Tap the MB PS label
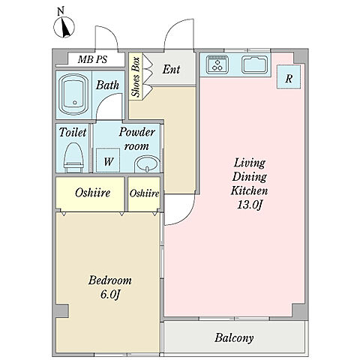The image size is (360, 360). pos(92,59)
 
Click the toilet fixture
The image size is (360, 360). pos(73,157)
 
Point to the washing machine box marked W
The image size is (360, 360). pos(108,160)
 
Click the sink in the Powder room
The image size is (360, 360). pos(148,163)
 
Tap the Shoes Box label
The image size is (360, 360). pos(136,77)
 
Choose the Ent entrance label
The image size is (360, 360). pos(171,69)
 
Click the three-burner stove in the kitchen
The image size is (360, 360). pos(217,64)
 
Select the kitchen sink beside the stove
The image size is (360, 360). pos(255,65)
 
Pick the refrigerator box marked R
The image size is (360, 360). pos(289,77)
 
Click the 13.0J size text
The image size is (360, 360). pos(250,205)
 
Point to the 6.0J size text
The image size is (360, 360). pos(110,294)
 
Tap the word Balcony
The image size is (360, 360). pos(234,338)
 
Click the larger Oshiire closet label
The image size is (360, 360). pos(92,193)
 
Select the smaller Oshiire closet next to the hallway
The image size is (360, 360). pos(144,193)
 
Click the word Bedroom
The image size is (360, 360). pos(110,280)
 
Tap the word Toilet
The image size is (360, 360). pos(73,132)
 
